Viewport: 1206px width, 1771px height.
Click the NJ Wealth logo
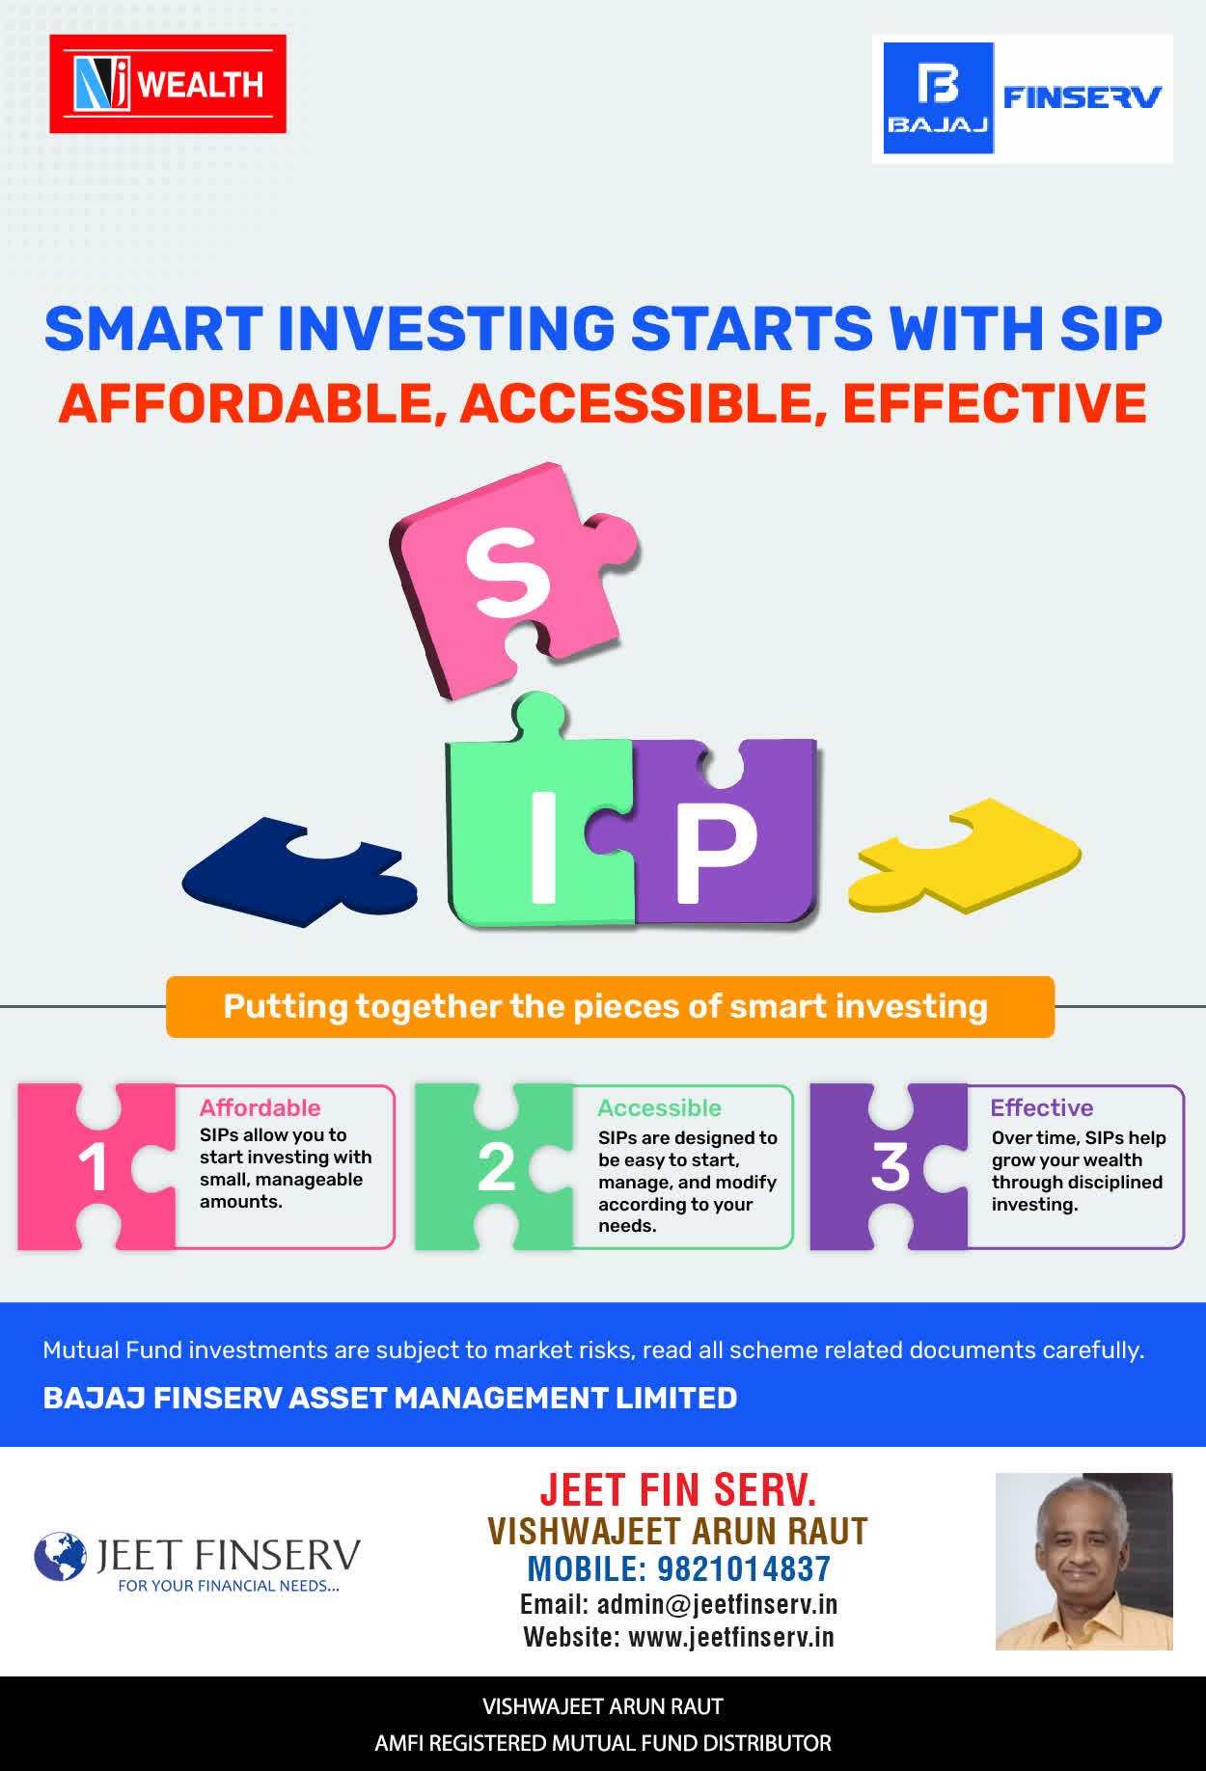coord(168,84)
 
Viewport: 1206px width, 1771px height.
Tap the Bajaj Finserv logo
coord(1023,98)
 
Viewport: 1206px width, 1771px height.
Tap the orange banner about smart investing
coord(610,1007)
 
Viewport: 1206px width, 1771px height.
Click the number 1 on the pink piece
coord(93,1167)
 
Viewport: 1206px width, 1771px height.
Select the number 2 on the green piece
coord(496,1167)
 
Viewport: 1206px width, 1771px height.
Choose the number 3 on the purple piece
coord(890,1167)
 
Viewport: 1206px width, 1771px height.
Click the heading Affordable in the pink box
coord(260,1107)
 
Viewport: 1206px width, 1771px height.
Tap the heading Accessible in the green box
coord(659,1107)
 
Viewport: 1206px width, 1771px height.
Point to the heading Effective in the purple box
coord(1042,1107)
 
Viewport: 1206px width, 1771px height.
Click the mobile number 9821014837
coord(743,1569)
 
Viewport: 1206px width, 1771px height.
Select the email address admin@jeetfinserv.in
coord(717,1604)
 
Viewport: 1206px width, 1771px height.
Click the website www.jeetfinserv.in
coord(730,1637)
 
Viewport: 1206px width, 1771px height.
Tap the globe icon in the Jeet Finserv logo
coord(60,1556)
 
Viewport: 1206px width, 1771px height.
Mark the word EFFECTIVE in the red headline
coord(995,403)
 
